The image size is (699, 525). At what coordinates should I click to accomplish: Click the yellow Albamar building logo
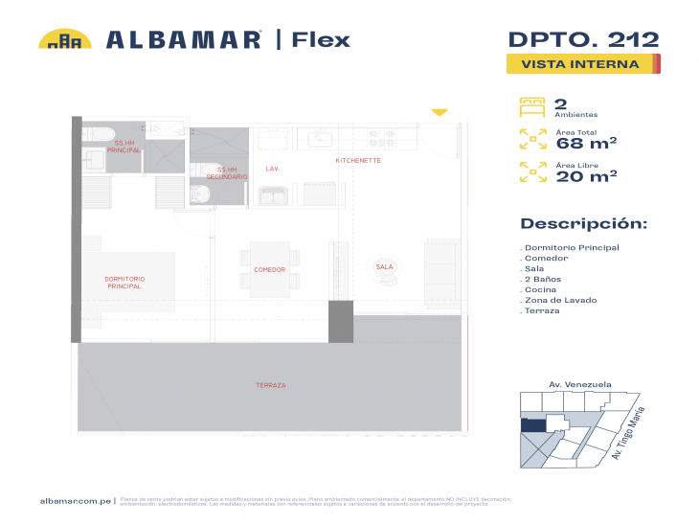65,39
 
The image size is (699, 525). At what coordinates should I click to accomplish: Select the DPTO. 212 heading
582,39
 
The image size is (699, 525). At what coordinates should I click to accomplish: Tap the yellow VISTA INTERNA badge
580,65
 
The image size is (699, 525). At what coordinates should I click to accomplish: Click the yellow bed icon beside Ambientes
531,106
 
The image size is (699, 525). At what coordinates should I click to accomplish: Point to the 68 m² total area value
585,144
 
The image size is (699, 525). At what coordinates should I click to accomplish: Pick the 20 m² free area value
585,175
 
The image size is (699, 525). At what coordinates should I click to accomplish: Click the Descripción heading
583,224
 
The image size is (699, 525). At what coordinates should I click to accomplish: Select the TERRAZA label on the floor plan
271,385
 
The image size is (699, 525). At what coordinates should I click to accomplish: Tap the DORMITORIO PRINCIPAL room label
124,283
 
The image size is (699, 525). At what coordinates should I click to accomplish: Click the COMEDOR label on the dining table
270,269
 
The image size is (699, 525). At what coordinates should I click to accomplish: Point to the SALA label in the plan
384,266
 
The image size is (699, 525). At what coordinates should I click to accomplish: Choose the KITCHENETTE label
358,161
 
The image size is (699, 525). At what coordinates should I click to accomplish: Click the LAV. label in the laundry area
272,169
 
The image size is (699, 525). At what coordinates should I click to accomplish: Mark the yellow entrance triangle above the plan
439,113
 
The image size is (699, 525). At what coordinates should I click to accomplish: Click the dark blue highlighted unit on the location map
532,424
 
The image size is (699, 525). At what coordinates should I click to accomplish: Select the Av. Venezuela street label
579,384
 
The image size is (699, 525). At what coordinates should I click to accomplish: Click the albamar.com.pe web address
76,500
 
